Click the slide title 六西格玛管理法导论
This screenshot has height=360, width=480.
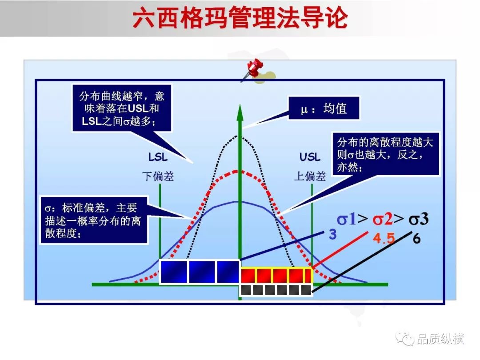(240, 18)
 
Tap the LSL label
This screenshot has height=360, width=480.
(158, 157)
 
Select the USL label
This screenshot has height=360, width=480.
(309, 157)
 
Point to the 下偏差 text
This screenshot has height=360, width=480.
(158, 176)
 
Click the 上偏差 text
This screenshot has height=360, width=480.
(310, 176)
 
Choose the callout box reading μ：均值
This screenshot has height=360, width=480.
(324, 108)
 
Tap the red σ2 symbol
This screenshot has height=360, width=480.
(383, 219)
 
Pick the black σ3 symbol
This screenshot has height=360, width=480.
(419, 219)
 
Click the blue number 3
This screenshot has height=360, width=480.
(332, 235)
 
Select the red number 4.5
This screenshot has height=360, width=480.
(384, 238)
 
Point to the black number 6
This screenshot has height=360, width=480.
(416, 238)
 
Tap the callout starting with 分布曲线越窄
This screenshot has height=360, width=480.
(121, 108)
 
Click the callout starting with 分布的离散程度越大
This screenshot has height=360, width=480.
(385, 154)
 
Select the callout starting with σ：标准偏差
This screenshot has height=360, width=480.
(94, 220)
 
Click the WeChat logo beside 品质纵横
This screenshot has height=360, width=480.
(405, 339)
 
